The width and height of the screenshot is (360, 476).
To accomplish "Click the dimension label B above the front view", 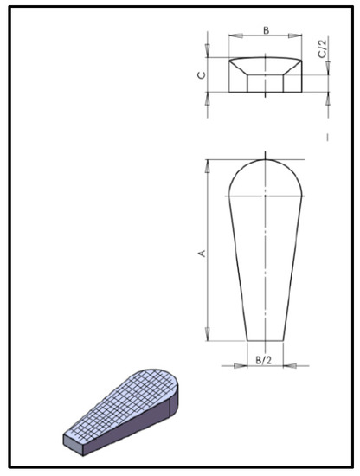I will pos(266,30).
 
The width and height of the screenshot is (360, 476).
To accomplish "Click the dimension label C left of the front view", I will pos(201,74).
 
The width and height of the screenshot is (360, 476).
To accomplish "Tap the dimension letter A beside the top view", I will pos(201,253).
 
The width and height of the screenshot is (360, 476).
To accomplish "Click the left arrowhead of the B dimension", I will pos(232,36).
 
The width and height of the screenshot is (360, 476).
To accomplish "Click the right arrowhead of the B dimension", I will pos(299,36).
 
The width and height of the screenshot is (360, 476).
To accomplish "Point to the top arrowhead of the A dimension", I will pos(208,163).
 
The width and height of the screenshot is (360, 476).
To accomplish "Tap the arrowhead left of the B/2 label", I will pos(241,364).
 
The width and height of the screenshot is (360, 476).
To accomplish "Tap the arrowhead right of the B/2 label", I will pos(289,364).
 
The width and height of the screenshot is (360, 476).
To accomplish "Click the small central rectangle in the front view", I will pos(265,82).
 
